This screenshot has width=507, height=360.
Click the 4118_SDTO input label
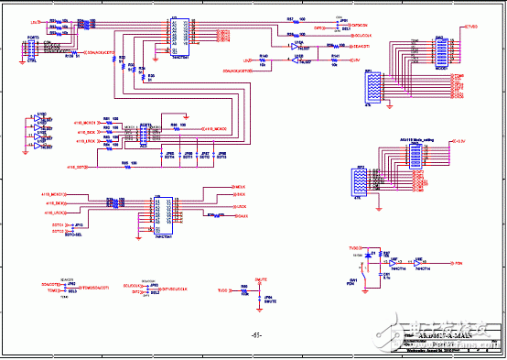click(77, 168)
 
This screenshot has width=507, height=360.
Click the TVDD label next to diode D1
click(355, 248)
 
